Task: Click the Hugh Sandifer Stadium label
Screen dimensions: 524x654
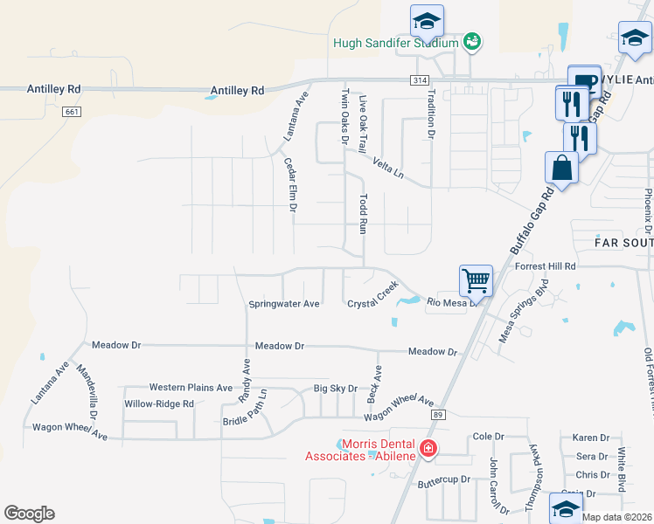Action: (x=395, y=43)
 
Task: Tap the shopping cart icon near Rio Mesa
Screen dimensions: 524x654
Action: (x=477, y=281)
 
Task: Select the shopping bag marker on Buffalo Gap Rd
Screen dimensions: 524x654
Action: (x=561, y=168)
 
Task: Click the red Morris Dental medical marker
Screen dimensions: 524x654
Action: (x=428, y=450)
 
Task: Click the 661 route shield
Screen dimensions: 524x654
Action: (x=71, y=112)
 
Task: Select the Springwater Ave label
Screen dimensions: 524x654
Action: (x=284, y=304)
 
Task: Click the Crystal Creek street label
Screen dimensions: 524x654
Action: (x=373, y=294)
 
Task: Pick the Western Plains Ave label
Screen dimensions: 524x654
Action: (x=191, y=387)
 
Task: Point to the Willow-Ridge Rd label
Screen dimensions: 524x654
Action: (x=158, y=403)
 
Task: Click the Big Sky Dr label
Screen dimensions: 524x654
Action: (x=336, y=389)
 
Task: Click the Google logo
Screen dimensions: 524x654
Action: (x=29, y=514)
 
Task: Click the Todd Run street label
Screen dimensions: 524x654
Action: (x=363, y=214)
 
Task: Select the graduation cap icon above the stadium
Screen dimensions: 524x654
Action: (x=427, y=20)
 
